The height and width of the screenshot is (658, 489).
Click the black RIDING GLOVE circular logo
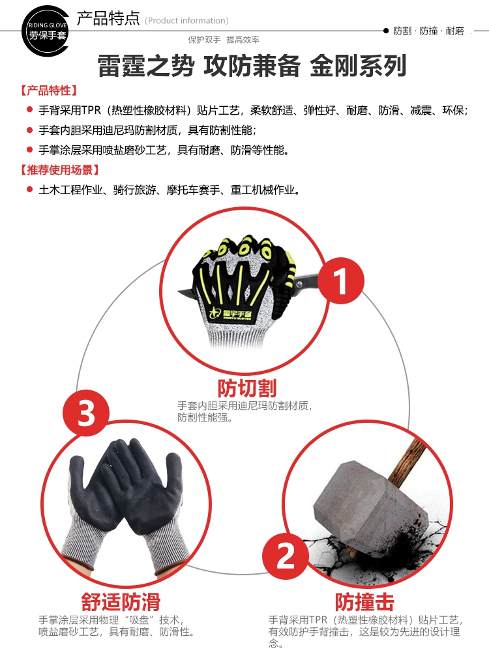tap(46, 31)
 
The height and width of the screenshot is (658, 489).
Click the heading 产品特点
tap(108, 18)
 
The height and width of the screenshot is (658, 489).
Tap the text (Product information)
tap(186, 21)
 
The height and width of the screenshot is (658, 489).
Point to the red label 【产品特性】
tap(49, 90)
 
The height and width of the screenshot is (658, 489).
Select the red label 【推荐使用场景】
tap(59, 170)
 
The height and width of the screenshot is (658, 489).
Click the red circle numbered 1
tap(341, 280)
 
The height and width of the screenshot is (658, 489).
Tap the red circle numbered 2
tap(286, 556)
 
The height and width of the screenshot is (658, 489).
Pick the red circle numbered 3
tap(86, 413)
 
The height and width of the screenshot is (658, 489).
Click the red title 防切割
tap(247, 388)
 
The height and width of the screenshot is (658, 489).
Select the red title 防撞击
tap(364, 602)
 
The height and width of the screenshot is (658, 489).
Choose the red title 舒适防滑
tap(121, 602)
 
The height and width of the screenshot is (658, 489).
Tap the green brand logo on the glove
tap(231, 313)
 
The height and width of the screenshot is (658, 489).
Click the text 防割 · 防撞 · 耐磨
tap(428, 31)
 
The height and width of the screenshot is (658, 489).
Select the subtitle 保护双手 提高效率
tap(224, 40)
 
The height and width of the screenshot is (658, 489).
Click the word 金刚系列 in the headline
tap(358, 66)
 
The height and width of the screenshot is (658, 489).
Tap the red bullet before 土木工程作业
tap(29, 190)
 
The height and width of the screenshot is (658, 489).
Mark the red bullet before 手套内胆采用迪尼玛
tap(29, 130)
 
